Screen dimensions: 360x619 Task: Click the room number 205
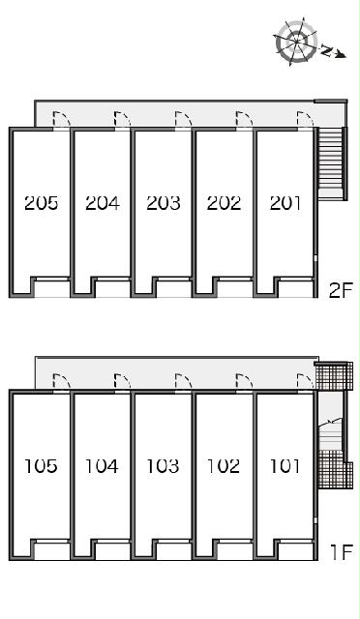pyautogui.click(x=41, y=203)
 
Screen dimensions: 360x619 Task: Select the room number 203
pyautogui.click(x=164, y=203)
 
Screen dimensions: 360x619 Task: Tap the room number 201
pyautogui.click(x=285, y=203)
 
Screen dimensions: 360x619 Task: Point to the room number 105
pyautogui.click(x=41, y=466)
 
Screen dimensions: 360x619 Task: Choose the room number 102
pyautogui.click(x=224, y=466)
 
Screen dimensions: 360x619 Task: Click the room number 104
pyautogui.click(x=102, y=466)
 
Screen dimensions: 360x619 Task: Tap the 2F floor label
pyautogui.click(x=341, y=291)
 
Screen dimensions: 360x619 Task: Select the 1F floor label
pyautogui.click(x=342, y=552)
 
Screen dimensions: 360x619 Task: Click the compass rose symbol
pyautogui.click(x=296, y=42)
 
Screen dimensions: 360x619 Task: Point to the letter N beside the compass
pyautogui.click(x=326, y=50)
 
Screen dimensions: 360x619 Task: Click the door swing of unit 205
pyautogui.click(x=61, y=119)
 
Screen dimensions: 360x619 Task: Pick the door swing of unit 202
pyautogui.click(x=244, y=119)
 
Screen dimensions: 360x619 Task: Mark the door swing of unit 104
pyautogui.click(x=122, y=381)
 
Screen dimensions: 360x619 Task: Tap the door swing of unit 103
pyautogui.click(x=183, y=381)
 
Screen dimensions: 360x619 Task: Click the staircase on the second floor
pyautogui.click(x=330, y=162)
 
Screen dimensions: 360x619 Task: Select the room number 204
pyautogui.click(x=102, y=203)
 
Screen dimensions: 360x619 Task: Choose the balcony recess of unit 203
pyautogui.click(x=172, y=287)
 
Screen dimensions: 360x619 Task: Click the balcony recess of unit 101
pyautogui.click(x=295, y=550)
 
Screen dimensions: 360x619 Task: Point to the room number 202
pyautogui.click(x=224, y=203)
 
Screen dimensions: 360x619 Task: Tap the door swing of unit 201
pyautogui.click(x=305, y=119)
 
